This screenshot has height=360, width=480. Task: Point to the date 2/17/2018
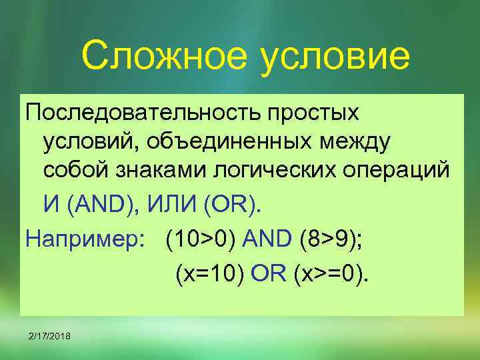[x=51, y=334]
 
